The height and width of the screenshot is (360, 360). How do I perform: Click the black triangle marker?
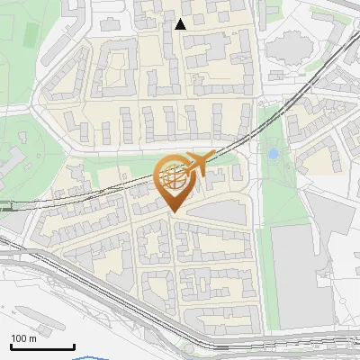(180, 24)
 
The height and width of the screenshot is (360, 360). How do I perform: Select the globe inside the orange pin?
(173, 178)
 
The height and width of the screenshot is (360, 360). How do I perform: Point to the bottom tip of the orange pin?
(173, 212)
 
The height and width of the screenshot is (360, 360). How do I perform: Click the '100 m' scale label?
(23, 338)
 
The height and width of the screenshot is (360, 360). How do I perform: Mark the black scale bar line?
(41, 346)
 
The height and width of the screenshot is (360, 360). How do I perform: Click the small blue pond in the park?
(272, 155)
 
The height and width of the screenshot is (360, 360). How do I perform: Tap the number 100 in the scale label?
(19, 338)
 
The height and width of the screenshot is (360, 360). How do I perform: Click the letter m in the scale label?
(32, 339)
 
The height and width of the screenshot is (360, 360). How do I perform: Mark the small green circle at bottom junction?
(188, 346)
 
